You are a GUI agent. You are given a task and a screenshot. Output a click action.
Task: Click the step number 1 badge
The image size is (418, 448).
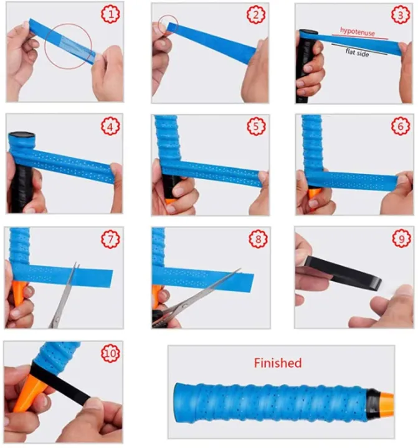click(x=111, y=14)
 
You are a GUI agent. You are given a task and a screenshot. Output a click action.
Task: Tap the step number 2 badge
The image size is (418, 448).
click(x=256, y=14)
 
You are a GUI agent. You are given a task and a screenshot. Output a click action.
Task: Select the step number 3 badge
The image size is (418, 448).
click(x=401, y=15)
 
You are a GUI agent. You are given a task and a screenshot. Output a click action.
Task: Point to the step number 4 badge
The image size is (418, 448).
click(x=111, y=126)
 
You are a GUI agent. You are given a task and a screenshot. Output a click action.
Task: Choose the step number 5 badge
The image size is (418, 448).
click(x=257, y=126)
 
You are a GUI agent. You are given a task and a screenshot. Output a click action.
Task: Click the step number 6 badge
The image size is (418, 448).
click(x=401, y=126)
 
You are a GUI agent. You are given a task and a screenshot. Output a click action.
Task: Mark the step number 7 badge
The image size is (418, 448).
click(x=111, y=239)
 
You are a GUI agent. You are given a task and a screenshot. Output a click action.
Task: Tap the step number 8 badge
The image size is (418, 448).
click(x=258, y=239)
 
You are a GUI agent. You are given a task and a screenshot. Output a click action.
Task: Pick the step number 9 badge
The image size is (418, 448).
click(x=402, y=238)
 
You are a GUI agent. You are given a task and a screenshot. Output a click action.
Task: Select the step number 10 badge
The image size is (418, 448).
click(x=111, y=353)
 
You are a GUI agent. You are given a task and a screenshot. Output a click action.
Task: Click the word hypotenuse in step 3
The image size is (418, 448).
click(x=358, y=31)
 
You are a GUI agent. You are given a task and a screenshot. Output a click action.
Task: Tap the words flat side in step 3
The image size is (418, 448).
click(x=358, y=52)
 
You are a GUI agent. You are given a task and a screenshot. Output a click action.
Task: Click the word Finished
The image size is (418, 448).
click(x=278, y=363)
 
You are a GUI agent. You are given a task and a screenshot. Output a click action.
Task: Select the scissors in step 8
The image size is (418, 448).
click(x=194, y=299)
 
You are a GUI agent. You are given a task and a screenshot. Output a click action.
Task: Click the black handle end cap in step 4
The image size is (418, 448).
click(x=22, y=135)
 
